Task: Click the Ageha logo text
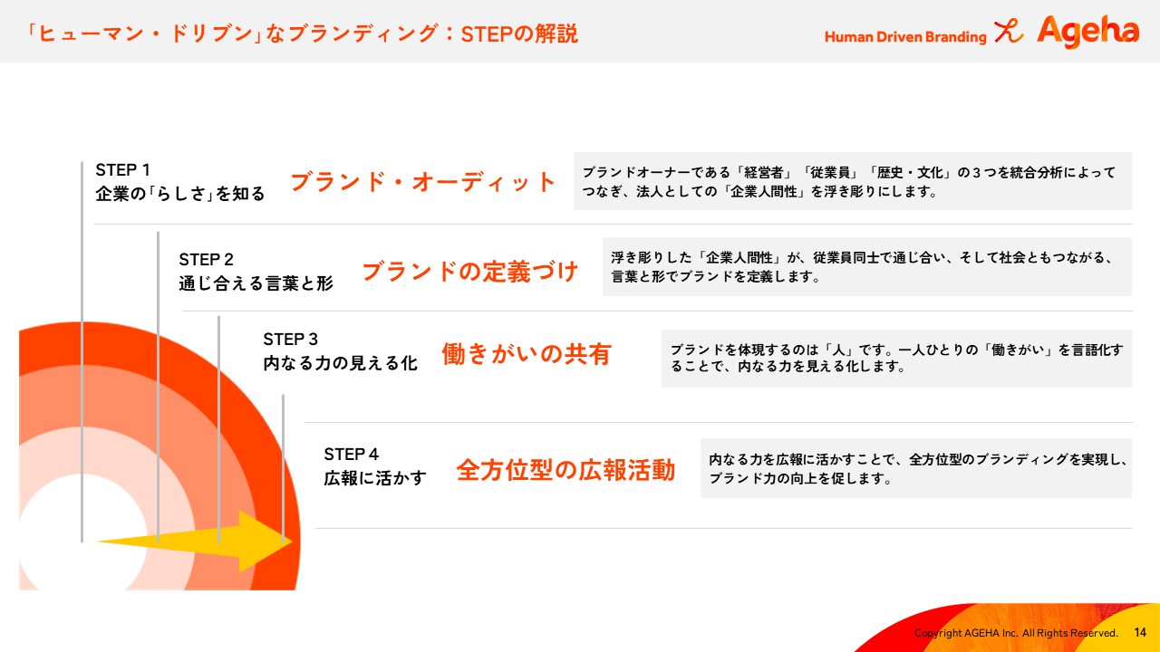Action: (x=1088, y=31)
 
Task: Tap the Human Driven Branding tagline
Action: (x=905, y=37)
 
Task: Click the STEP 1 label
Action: (x=122, y=169)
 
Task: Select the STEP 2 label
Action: (x=206, y=259)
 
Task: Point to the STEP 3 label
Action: (x=290, y=339)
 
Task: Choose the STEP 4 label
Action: (x=351, y=454)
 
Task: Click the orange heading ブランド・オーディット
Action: (x=422, y=182)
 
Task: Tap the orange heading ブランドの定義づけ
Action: (x=469, y=271)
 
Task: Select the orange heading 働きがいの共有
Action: (x=527, y=354)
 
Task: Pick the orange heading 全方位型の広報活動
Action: (x=565, y=470)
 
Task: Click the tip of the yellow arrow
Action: (x=293, y=542)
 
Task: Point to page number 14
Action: (x=1140, y=632)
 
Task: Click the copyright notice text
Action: (x=1016, y=633)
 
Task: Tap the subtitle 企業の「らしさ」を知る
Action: (x=180, y=194)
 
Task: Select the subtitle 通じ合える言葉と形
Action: (x=256, y=283)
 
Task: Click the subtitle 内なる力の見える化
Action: (x=340, y=363)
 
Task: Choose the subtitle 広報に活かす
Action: (x=375, y=478)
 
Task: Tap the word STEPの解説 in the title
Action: (x=519, y=34)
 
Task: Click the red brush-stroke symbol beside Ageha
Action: (x=1009, y=31)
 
